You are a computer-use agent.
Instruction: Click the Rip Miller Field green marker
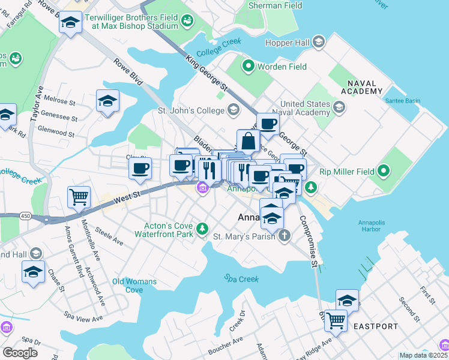click(380, 172)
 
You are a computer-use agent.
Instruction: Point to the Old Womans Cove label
click(134, 286)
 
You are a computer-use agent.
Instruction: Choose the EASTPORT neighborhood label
click(375, 326)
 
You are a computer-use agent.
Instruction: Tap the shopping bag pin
click(249, 142)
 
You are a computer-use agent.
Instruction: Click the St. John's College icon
click(233, 110)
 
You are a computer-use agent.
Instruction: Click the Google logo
click(20, 353)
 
